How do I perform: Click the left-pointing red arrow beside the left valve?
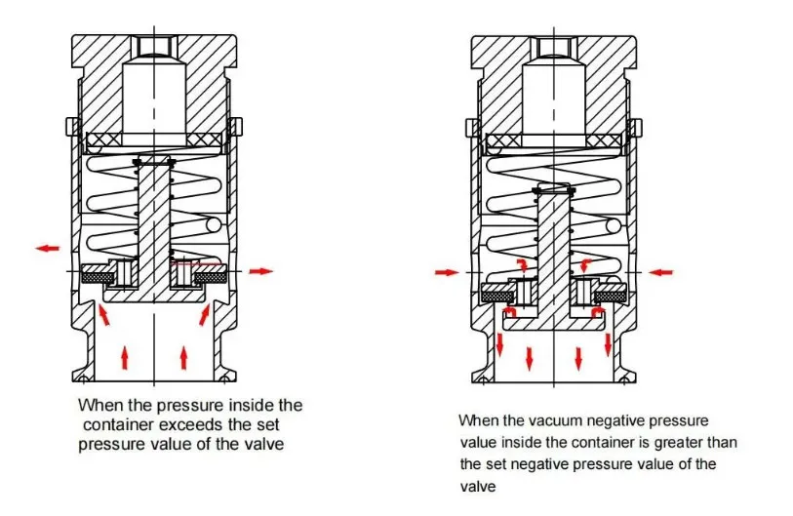click(47, 249)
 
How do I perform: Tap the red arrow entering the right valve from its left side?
click(445, 272)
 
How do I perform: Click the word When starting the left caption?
click(99, 404)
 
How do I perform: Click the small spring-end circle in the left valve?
click(215, 226)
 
